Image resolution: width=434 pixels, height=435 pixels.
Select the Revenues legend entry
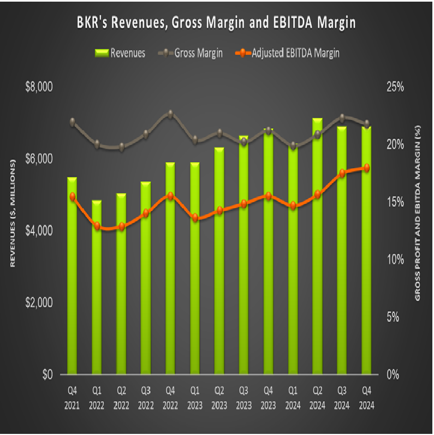121,53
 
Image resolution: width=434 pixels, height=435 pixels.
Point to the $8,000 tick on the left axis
39,87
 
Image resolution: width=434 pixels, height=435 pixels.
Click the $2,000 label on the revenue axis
39,303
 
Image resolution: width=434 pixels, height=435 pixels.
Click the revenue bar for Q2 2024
317,246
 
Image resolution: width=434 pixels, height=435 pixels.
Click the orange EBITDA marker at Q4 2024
366,168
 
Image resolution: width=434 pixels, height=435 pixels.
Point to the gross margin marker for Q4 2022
170,114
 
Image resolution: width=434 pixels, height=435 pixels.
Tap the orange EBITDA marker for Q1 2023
195,217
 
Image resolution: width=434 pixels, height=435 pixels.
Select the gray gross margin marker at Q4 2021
72,122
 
